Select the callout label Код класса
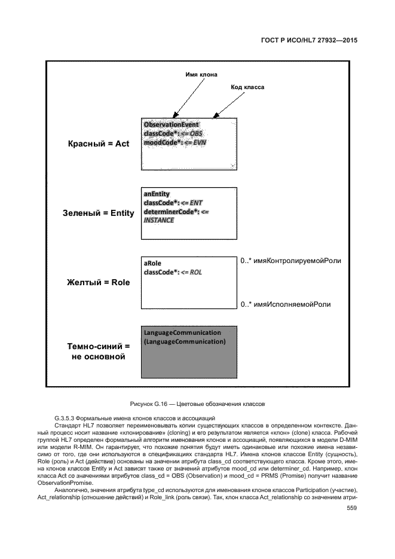pos(247,87)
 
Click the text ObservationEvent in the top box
pos(171,124)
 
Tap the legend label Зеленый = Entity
pos(98,212)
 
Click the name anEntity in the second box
pos(157,194)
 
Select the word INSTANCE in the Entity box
pos(159,220)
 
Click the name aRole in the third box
pos(153,263)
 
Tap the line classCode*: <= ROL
pos(173,272)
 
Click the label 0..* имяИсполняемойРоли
pos(285,304)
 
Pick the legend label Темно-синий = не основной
pos(98,352)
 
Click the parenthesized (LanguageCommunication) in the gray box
pos(184,341)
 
